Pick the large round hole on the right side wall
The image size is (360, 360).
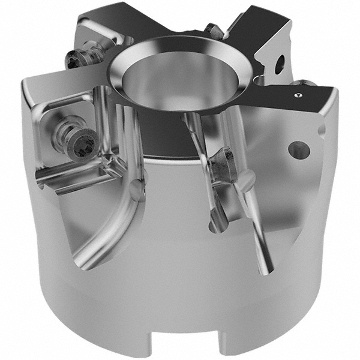[298, 149]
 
